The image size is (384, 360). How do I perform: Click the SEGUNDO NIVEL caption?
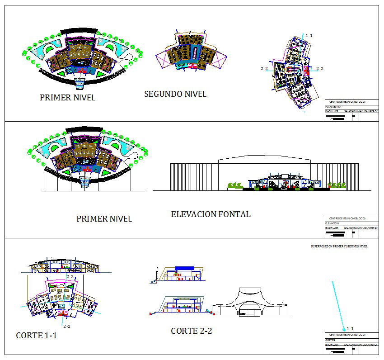[175, 94]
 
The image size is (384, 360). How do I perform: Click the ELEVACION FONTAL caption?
[211, 214]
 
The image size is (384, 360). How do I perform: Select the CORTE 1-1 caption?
[36, 336]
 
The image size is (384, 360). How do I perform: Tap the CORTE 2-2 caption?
[191, 331]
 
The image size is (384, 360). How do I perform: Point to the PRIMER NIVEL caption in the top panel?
[67, 97]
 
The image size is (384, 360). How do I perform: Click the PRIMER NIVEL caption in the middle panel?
[104, 219]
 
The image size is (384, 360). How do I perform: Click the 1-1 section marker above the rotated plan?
[309, 35]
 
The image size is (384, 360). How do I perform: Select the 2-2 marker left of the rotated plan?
[265, 69]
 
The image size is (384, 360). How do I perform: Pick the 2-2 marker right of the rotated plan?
[319, 69]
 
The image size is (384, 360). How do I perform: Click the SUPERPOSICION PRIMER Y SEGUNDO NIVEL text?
[339, 246]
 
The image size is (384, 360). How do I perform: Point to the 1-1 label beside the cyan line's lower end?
[350, 329]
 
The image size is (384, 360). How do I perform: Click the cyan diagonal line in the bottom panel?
[338, 305]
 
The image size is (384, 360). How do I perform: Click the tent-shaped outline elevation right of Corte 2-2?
[250, 302]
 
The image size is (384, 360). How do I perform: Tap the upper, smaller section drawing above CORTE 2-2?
[178, 274]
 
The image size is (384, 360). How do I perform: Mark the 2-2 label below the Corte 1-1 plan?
[67, 326]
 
